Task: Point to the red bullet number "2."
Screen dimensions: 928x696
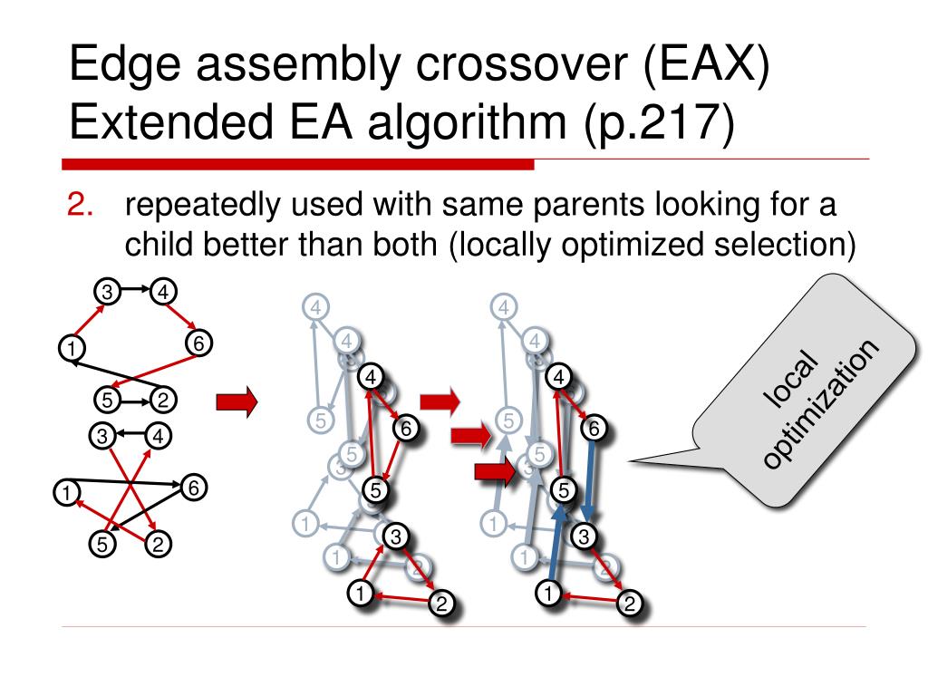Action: pos(82,206)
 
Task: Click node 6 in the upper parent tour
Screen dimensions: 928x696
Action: pos(198,343)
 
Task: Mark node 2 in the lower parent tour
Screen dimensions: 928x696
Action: pos(158,545)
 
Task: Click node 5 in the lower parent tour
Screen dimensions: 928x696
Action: pos(102,545)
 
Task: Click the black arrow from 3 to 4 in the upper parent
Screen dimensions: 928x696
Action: pos(132,290)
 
